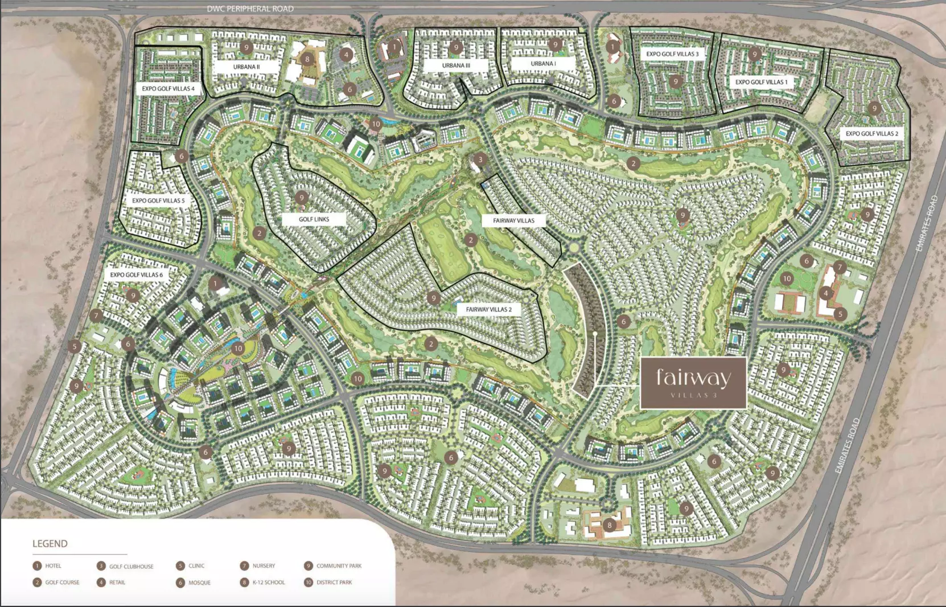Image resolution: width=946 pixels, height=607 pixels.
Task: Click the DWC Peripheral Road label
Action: pos(250,9)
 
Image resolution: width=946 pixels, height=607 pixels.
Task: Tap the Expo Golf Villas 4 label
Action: pos(168,89)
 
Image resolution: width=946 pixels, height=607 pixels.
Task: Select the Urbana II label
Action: pos(246,67)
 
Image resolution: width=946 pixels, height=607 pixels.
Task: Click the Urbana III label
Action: pos(456,65)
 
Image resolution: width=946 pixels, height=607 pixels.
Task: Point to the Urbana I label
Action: pos(542,64)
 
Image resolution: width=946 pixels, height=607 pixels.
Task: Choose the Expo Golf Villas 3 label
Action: pos(672,54)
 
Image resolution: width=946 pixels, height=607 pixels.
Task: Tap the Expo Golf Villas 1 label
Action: pos(761,82)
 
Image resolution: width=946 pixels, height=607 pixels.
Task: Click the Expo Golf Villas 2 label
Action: pos(871,134)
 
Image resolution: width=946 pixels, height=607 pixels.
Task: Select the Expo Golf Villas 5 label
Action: pos(158,200)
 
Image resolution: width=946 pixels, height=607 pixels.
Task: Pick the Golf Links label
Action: pos(314,219)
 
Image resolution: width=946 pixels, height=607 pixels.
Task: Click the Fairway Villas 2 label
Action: pos(488,310)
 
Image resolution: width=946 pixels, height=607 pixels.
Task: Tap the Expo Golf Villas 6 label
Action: pos(136,274)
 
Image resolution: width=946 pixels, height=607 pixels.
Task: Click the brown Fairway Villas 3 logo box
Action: pos(693,383)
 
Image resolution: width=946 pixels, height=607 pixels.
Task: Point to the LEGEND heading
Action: pos(50,544)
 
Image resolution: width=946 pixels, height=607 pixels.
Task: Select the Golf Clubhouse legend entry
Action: pos(125,566)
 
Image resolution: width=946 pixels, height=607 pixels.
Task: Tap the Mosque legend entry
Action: pos(194,583)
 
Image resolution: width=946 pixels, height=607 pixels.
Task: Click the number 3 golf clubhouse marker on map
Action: pos(480,159)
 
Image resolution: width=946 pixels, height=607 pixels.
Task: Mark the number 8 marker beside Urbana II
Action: pos(307,59)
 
